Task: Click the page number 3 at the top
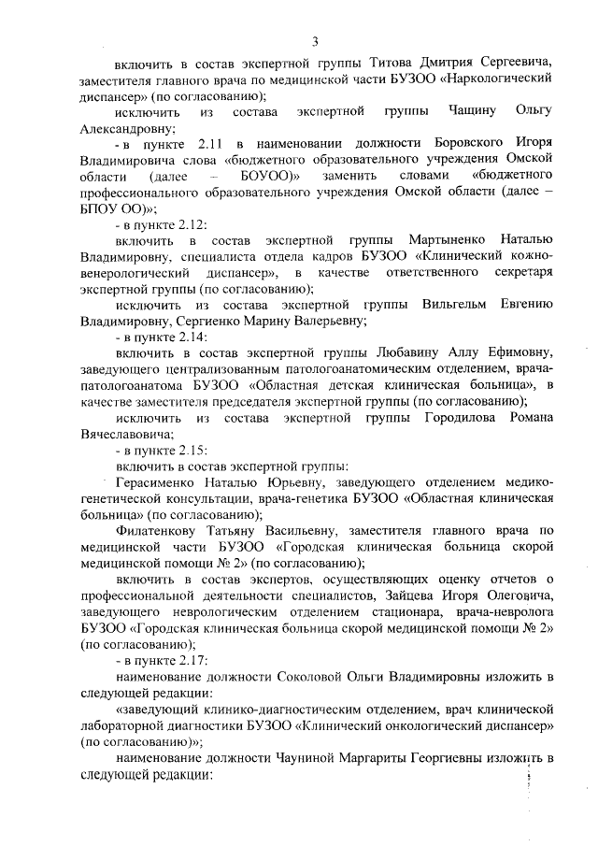tap(315, 41)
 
